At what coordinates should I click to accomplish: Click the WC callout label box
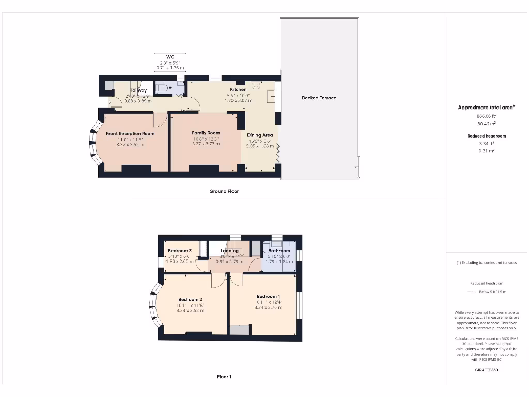[170, 62]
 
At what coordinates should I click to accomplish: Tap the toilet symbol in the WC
[162, 88]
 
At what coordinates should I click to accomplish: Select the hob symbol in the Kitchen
[255, 85]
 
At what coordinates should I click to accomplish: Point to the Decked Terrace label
[319, 98]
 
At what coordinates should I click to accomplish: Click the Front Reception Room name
[130, 134]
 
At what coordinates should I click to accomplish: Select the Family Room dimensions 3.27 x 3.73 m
[206, 144]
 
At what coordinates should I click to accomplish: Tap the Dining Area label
[260, 135]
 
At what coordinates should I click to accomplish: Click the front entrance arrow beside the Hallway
[109, 102]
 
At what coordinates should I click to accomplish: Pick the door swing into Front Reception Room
[161, 120]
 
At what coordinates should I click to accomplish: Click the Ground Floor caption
[224, 191]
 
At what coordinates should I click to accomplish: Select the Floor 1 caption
[224, 377]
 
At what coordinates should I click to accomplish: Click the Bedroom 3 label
[180, 251]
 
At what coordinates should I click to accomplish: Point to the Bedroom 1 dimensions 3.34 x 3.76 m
[268, 308]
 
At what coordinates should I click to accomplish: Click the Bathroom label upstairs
[279, 251]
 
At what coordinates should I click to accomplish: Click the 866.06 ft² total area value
[486, 116]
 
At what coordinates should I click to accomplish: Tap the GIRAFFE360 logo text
[486, 370]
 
